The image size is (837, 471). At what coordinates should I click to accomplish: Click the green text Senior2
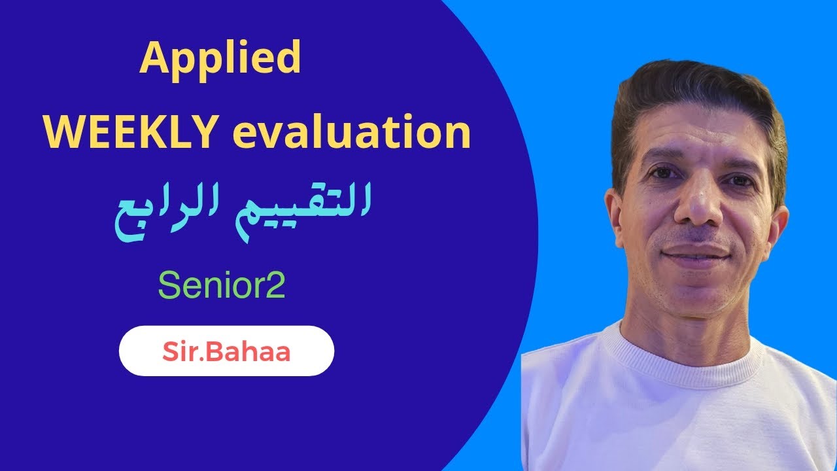222,286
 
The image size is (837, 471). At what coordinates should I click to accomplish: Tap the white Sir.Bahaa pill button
226,351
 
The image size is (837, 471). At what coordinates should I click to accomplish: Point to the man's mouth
695,253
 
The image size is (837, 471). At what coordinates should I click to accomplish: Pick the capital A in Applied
152,59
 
